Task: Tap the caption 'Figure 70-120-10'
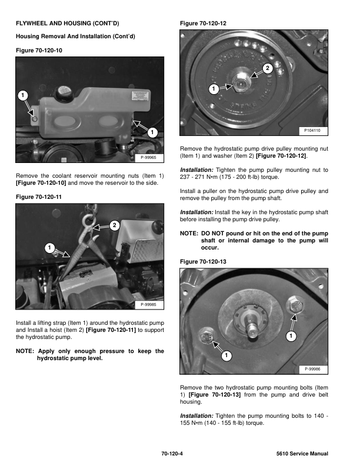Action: (39, 51)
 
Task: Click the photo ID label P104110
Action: (315, 131)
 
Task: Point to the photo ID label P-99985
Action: (152, 304)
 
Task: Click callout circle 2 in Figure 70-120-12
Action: (268, 69)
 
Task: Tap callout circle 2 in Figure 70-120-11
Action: (114, 225)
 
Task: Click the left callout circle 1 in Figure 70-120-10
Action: (22, 95)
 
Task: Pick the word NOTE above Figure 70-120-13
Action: (189, 234)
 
